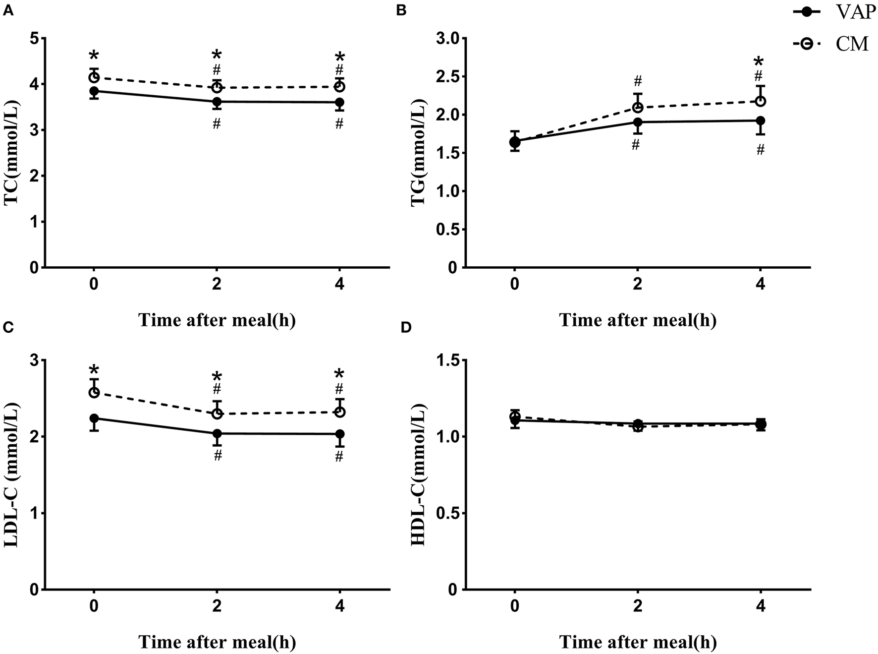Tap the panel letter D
pos(405,329)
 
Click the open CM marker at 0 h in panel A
pos(94,77)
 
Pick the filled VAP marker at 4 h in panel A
pos(339,103)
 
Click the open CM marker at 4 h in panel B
pos(761,101)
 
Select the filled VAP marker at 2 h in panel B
pos(638,122)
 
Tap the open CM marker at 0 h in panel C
pos(94,393)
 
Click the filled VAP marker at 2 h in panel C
pos(217,433)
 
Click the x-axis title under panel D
pos(637,642)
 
